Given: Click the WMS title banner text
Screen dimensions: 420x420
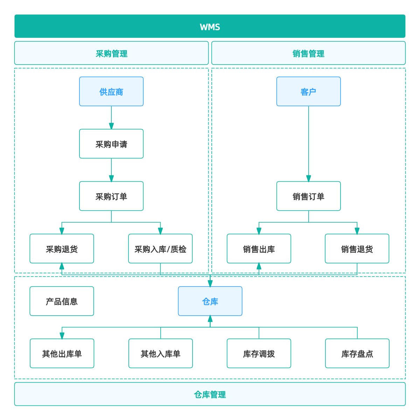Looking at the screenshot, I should point(210,27).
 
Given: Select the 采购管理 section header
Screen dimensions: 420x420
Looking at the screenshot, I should point(111,54).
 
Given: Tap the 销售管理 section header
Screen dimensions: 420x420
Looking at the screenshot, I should point(308,54).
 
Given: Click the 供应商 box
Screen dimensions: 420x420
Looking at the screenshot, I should point(111,92).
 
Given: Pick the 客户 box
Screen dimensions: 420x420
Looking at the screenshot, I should point(308,92).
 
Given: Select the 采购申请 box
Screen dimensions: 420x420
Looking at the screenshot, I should point(111,144).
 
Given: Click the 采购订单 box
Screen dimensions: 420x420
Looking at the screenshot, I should point(111,196).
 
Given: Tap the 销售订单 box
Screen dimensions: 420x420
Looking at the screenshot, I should point(308,196).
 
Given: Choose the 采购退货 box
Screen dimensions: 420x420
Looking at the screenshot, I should point(62,249).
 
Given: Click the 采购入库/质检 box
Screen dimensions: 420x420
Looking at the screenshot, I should point(160,249).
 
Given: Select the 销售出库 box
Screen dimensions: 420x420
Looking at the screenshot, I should point(259,249).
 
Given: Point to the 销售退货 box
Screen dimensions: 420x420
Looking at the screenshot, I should point(357,249).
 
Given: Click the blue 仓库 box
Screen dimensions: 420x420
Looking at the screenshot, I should point(210,301).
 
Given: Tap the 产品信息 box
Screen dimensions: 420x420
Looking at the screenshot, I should point(62,301).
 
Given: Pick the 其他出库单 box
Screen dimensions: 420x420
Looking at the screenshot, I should point(62,353).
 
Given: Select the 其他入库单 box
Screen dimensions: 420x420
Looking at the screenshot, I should point(160,353).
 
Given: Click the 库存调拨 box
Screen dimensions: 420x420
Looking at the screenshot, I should point(259,353).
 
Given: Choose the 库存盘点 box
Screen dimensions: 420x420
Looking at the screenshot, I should point(357,353).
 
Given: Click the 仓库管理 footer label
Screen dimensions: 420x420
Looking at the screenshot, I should point(210,394).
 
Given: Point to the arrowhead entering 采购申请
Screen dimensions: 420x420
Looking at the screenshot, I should point(111,126).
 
